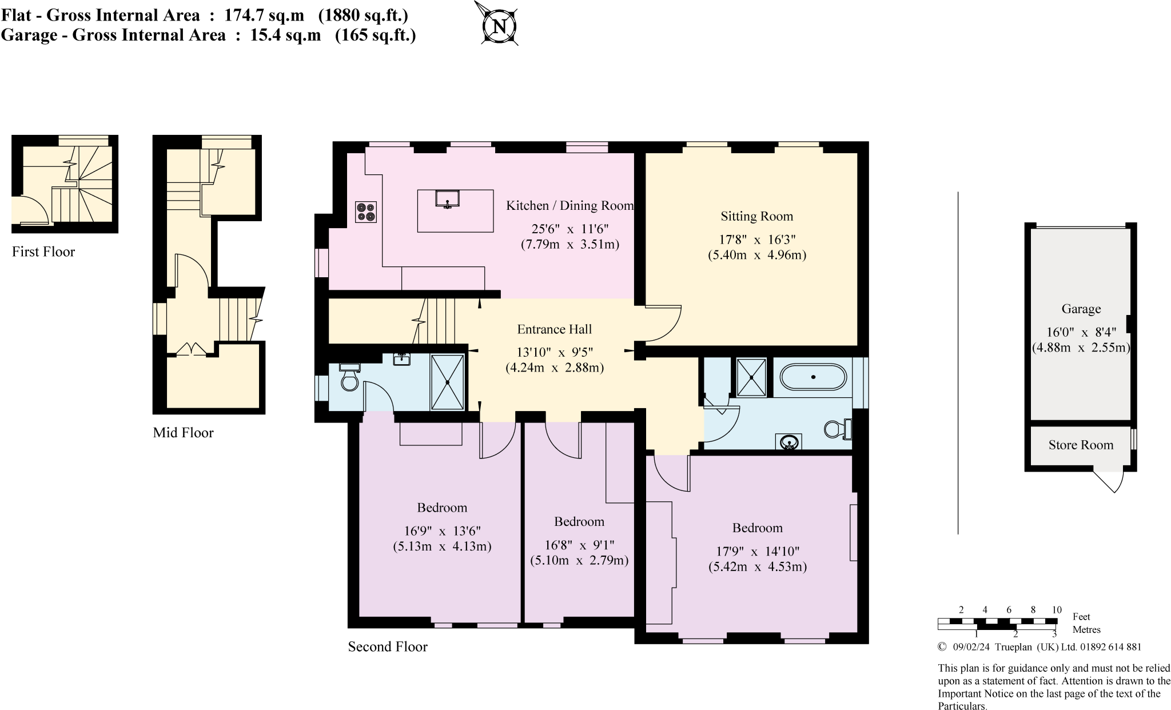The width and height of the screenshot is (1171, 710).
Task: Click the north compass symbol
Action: (499, 26)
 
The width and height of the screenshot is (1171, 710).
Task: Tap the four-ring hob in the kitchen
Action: (366, 212)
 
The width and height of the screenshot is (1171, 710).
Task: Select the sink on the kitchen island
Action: (447, 199)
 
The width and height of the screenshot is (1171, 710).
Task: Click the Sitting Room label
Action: (756, 216)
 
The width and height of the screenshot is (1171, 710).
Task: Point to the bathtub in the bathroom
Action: (813, 377)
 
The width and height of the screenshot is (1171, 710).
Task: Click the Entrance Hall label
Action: (554, 329)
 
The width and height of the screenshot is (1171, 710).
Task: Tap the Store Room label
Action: (1081, 445)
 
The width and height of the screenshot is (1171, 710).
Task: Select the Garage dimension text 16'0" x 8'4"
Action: (1081, 332)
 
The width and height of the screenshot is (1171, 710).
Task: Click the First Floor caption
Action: (43, 252)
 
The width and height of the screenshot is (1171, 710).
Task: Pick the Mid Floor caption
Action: (183, 433)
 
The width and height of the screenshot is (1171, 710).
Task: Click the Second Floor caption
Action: (388, 647)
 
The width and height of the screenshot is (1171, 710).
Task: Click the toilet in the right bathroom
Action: (838, 429)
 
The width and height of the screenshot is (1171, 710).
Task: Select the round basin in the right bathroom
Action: (790, 442)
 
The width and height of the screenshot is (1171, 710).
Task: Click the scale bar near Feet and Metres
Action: (997, 624)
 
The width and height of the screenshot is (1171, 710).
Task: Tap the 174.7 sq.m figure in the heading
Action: (264, 15)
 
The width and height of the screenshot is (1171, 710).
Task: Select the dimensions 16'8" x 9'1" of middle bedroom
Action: (579, 545)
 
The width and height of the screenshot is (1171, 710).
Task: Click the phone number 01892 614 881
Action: (1110, 647)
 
